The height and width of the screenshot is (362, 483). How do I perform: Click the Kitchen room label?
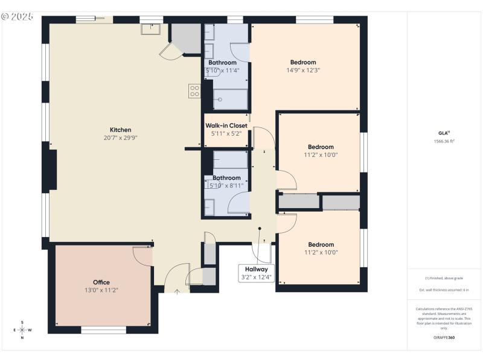[120, 130]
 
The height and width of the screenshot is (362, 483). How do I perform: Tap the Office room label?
[101, 282]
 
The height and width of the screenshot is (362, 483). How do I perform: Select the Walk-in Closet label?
[226, 125]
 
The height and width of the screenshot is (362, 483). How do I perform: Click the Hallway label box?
[257, 270]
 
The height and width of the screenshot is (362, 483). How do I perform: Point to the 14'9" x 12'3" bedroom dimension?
[303, 70]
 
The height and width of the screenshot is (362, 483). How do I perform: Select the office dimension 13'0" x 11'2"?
[101, 290]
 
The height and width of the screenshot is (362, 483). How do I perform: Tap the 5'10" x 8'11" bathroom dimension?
[226, 185]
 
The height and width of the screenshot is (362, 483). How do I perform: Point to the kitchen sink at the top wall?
[150, 28]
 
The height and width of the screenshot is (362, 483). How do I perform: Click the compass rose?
[22, 329]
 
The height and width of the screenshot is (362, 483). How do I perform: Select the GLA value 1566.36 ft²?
[444, 141]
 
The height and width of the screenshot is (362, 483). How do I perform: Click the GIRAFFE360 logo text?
[444, 337]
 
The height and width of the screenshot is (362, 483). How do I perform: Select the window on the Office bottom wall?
[103, 330]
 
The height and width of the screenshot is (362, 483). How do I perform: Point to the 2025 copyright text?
[18, 16]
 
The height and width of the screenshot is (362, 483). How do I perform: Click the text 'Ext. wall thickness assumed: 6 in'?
[444, 290]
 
